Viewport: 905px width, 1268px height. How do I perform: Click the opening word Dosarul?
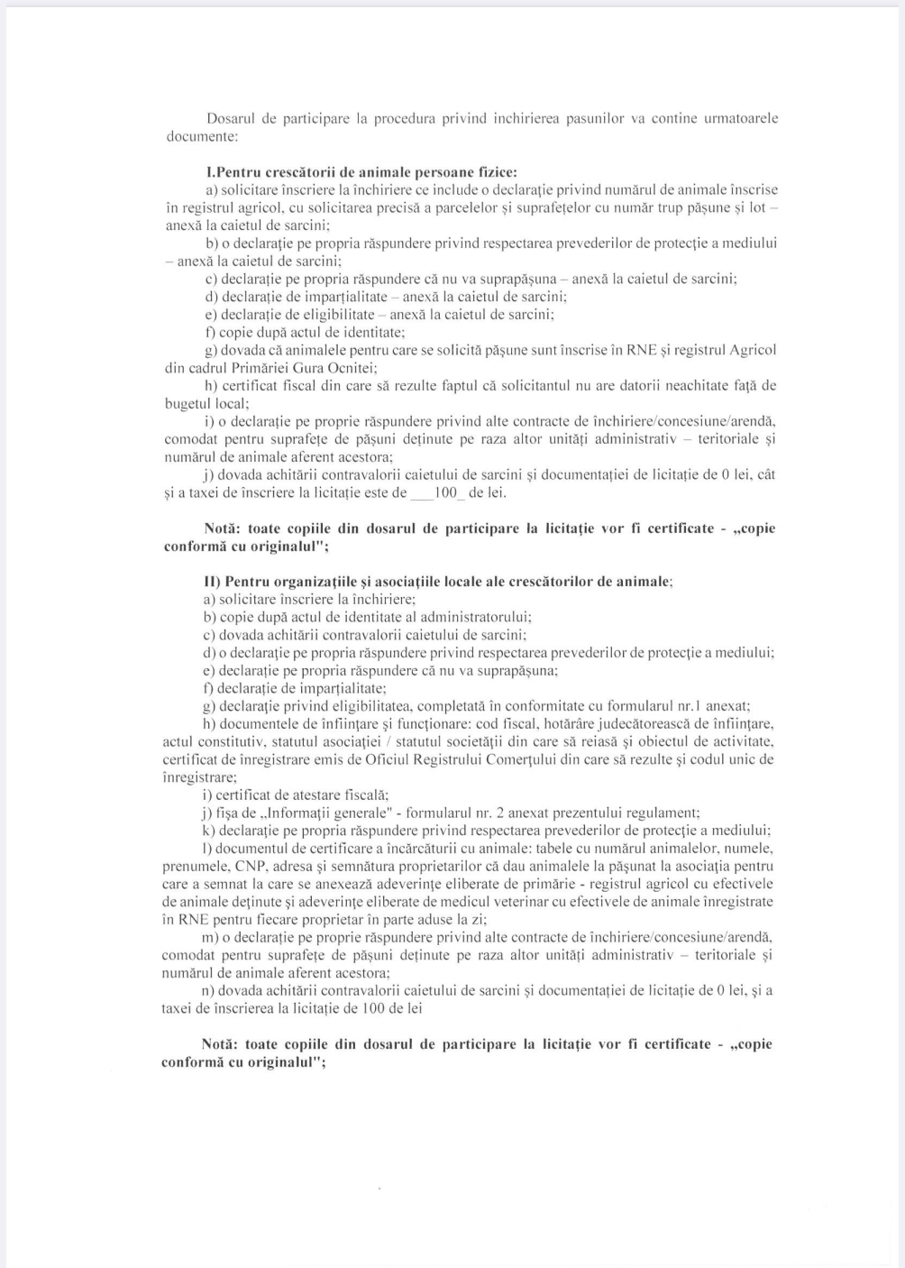pos(232,119)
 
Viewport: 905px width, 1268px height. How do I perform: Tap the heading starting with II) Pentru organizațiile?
pos(438,582)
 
